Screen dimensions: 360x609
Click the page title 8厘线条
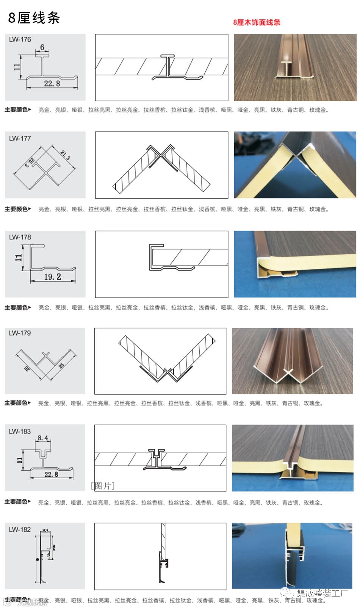(x=34, y=18)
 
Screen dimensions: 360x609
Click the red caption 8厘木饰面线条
(x=257, y=22)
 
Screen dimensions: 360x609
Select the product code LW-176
(x=20, y=39)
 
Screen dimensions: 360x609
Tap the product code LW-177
(x=20, y=138)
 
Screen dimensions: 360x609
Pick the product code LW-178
(x=20, y=237)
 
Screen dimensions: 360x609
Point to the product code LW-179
(x=20, y=333)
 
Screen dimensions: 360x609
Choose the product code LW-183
(x=20, y=431)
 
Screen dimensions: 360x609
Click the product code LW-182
(x=20, y=529)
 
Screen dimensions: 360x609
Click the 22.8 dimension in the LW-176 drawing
(x=52, y=83)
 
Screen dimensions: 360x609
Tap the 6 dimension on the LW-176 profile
(x=42, y=47)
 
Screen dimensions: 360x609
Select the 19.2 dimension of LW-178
(x=53, y=277)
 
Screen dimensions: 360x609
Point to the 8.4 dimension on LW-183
(x=43, y=438)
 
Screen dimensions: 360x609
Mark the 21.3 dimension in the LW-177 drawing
(x=65, y=155)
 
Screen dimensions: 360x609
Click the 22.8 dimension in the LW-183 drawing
(x=51, y=474)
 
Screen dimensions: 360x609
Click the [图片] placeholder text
(x=103, y=486)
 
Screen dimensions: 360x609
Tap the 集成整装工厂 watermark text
(x=322, y=593)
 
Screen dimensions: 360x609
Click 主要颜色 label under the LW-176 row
(x=16, y=110)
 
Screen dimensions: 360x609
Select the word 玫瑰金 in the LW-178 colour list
(x=318, y=308)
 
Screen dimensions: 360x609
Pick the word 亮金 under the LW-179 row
(x=44, y=403)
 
